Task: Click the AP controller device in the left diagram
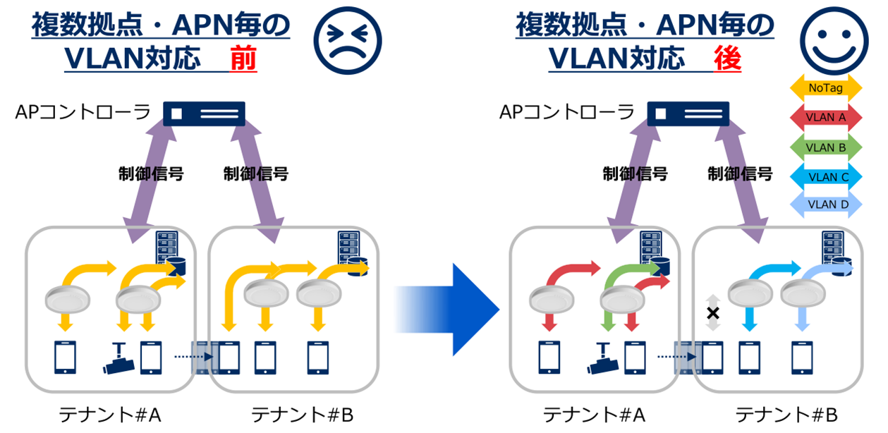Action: tap(204, 114)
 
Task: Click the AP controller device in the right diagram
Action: tap(688, 114)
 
